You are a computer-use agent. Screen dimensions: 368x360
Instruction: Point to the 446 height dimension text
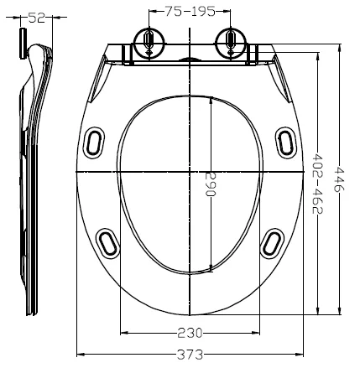pyautogui.click(x=339, y=178)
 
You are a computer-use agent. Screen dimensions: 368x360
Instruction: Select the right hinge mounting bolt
pyautogui.click(x=228, y=42)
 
